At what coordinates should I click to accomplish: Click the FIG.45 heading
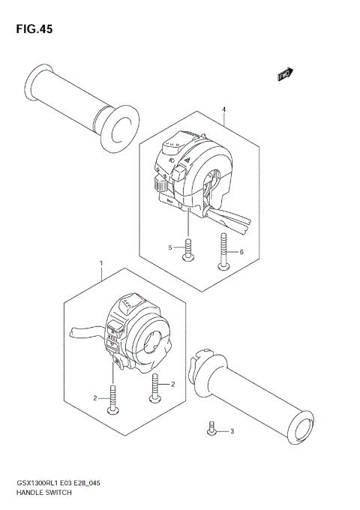(x=31, y=29)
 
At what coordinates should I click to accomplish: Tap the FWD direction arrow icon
(x=284, y=73)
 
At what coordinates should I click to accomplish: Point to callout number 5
(x=170, y=247)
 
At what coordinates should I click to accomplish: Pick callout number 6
(x=241, y=253)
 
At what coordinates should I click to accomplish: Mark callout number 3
(x=232, y=430)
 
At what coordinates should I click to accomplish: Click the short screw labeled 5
(x=187, y=250)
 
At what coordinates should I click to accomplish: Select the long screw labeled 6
(x=223, y=251)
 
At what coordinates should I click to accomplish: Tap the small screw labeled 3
(x=212, y=428)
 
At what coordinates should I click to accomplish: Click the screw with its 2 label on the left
(x=114, y=398)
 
